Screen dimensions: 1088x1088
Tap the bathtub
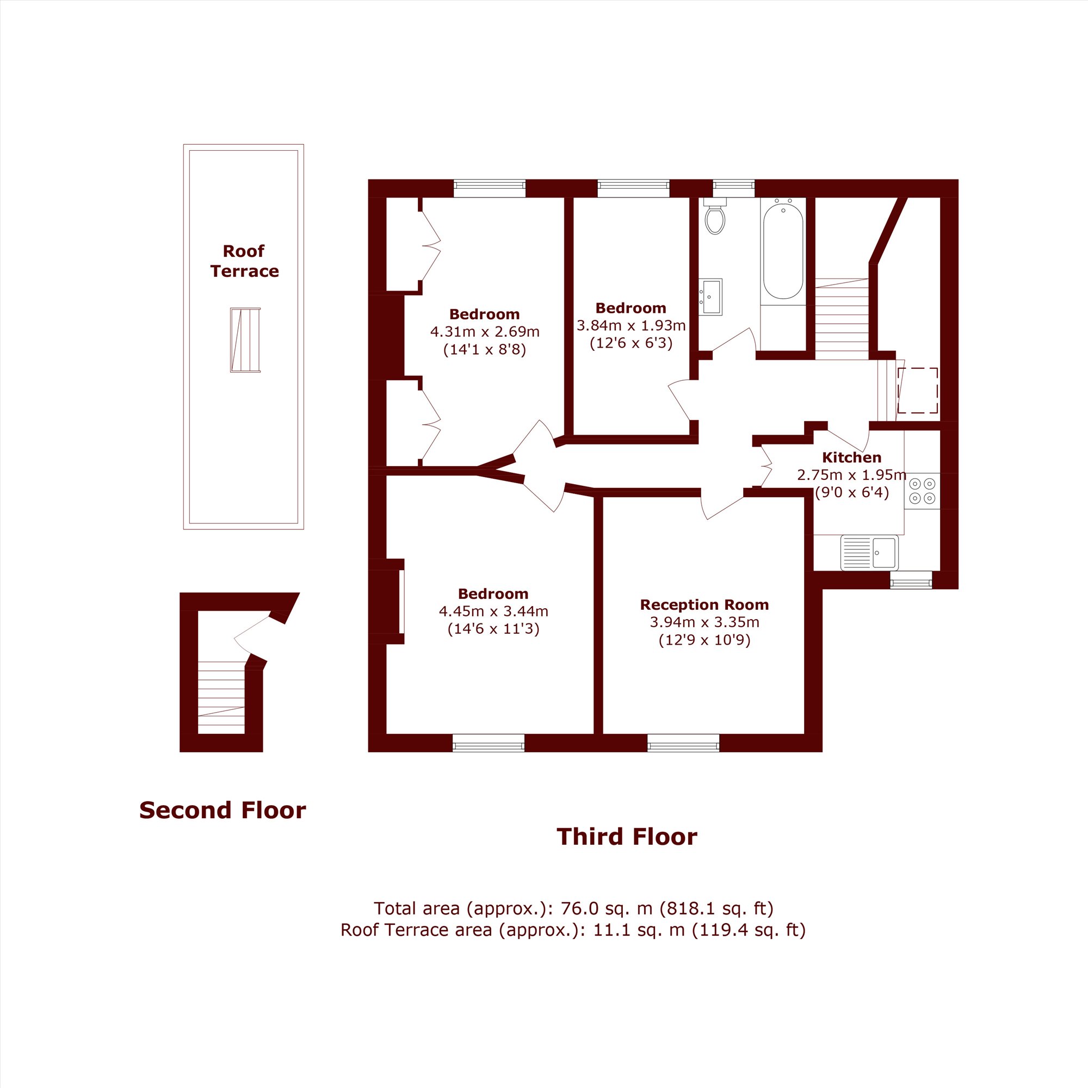pos(783,251)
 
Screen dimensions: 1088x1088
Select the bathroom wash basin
pos(710,297)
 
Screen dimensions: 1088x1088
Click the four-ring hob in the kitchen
pos(922,491)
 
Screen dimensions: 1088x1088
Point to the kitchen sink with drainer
pos(869,553)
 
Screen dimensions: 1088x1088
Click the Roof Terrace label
pos(244,261)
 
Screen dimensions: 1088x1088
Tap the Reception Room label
pos(704,604)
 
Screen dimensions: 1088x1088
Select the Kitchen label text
pos(851,458)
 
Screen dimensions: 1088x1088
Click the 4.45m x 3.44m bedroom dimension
pos(493,611)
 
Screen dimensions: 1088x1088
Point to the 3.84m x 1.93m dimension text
pos(630,325)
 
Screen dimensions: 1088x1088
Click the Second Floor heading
pos(222,811)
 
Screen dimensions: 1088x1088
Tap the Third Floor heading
pos(627,837)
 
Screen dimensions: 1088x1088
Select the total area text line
pos(573,908)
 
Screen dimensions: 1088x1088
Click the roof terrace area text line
pos(573,930)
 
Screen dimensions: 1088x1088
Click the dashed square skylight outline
pos(918,390)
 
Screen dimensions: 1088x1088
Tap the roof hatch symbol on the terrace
pos(245,340)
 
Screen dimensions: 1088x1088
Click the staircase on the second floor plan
pos(221,697)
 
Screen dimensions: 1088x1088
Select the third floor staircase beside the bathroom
pos(842,319)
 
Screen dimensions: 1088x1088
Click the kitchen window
pos(911,580)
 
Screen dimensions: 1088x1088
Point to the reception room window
pos(683,743)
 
